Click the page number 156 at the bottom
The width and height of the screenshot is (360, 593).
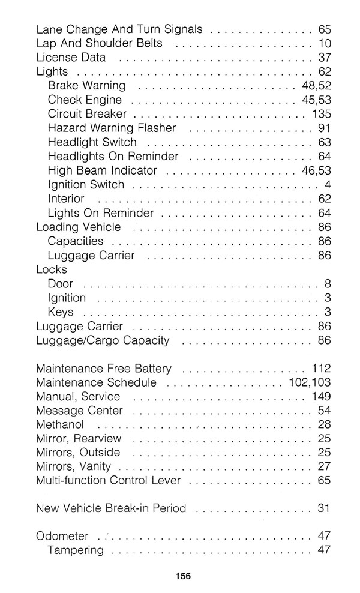[x=184, y=576]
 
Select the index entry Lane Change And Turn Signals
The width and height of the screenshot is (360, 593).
[x=119, y=29]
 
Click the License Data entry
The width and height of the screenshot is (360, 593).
[x=71, y=58]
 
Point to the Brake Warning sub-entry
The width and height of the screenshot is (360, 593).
[x=86, y=86]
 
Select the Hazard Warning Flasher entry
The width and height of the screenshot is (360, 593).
[x=112, y=128]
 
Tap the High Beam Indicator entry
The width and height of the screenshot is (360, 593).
[x=102, y=170]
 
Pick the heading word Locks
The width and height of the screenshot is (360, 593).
[x=52, y=269]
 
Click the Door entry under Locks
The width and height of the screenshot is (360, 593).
[x=60, y=283]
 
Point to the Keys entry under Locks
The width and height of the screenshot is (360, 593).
[x=61, y=312]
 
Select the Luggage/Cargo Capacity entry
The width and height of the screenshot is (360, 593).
[x=103, y=340]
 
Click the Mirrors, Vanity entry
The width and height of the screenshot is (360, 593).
[x=73, y=467]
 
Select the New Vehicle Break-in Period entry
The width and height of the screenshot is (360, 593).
[x=111, y=508]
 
